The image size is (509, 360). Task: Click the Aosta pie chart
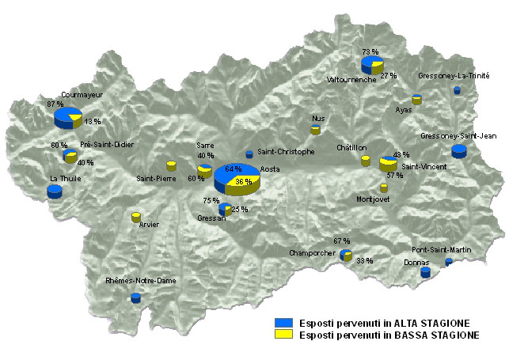(x=237, y=178)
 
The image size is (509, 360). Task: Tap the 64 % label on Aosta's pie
(x=234, y=169)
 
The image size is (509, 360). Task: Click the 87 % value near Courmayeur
(x=55, y=104)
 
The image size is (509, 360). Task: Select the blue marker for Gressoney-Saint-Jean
(x=458, y=151)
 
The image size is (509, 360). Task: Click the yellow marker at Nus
(x=315, y=129)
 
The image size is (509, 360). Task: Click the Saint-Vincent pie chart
(x=388, y=163)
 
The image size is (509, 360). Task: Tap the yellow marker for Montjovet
(x=384, y=188)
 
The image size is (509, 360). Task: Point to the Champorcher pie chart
(x=346, y=255)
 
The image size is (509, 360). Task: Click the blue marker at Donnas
(x=425, y=272)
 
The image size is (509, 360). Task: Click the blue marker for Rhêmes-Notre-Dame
(x=135, y=298)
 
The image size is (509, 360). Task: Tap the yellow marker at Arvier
(x=135, y=217)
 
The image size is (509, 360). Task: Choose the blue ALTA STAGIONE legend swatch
(x=283, y=323)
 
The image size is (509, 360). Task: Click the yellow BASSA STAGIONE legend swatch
(x=283, y=335)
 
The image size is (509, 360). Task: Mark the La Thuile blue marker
(x=54, y=191)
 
